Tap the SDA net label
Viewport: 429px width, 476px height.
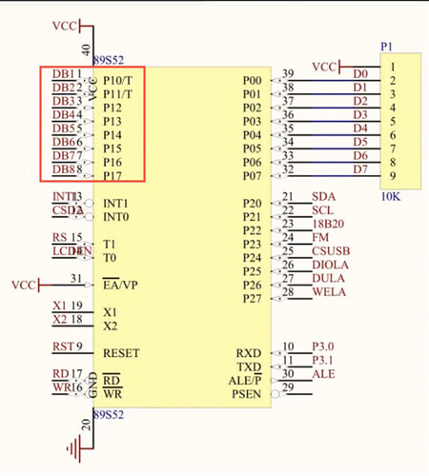pyautogui.click(x=323, y=197)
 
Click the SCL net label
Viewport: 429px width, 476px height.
pyautogui.click(x=322, y=210)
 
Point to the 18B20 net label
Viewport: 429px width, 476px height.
pyautogui.click(x=327, y=224)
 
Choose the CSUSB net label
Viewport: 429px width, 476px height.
pyautogui.click(x=330, y=251)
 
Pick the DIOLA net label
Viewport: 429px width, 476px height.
pyautogui.click(x=330, y=265)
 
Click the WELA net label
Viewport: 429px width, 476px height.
pyautogui.click(x=328, y=292)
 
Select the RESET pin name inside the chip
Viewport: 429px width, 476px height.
pyautogui.click(x=121, y=353)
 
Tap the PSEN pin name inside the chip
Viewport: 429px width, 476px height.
pyautogui.click(x=248, y=394)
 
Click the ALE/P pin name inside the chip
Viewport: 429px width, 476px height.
pyautogui.click(x=244, y=381)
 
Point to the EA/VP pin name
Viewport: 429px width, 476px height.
pyautogui.click(x=121, y=285)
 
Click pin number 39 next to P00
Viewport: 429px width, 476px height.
pyautogui.click(x=288, y=74)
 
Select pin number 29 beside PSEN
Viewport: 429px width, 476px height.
pyautogui.click(x=288, y=388)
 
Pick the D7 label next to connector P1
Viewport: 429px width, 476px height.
pyautogui.click(x=359, y=169)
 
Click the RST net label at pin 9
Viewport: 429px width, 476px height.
pyautogui.click(x=60, y=347)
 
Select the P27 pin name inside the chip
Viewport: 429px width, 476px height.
pyautogui.click(x=252, y=299)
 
